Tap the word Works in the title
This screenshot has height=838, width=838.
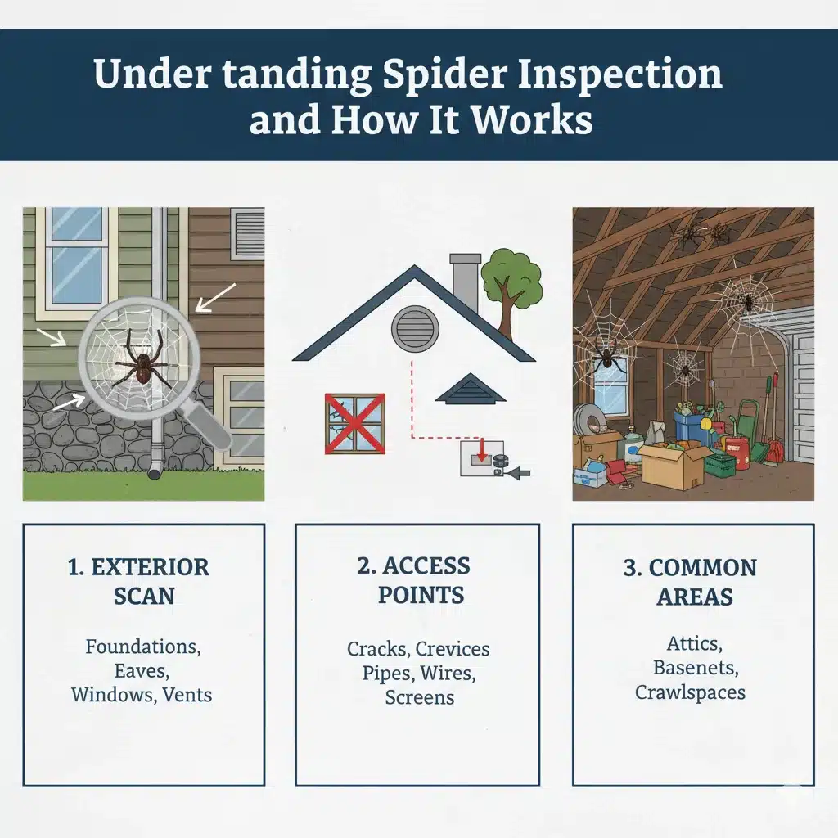pos(533,120)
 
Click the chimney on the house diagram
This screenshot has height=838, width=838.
pos(466,282)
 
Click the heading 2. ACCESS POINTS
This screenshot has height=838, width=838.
pos(420,579)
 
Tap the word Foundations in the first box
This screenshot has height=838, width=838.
pos(143,647)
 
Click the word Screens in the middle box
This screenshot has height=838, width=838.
pos(419,697)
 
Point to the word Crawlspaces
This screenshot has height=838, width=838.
pos(690,692)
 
